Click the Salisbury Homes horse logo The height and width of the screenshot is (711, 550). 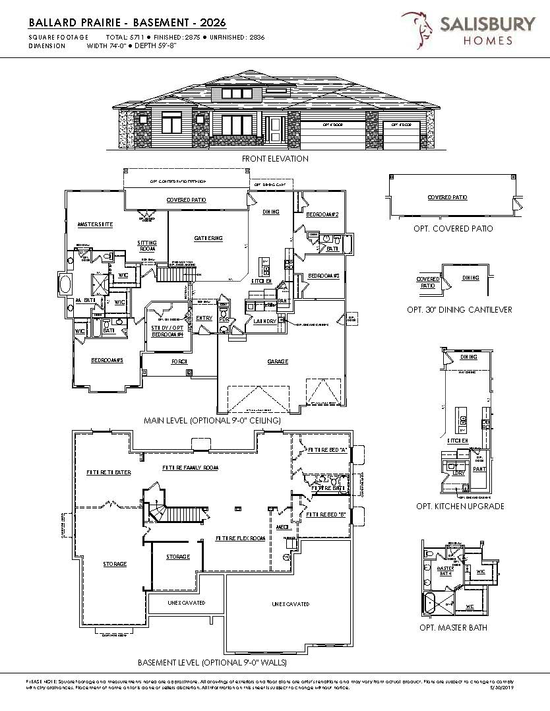tap(418, 30)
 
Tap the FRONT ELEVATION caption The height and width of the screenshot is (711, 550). tap(275, 159)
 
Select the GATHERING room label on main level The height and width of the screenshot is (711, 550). tap(208, 238)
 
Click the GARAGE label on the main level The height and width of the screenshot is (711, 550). tap(277, 361)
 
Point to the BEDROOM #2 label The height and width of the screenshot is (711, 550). tap(322, 215)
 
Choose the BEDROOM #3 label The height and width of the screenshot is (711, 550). tap(323, 275)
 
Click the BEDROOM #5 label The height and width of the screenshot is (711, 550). tap(107, 360)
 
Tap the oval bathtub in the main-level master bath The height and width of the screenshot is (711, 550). tap(66, 284)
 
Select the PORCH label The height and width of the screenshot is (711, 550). tap(180, 361)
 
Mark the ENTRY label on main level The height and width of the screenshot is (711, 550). tap(204, 318)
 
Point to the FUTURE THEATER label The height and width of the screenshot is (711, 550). tap(109, 472)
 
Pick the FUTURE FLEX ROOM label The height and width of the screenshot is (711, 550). tap(240, 538)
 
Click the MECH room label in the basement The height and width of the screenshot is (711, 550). tap(283, 528)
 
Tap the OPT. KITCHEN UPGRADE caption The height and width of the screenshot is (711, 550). tap(460, 506)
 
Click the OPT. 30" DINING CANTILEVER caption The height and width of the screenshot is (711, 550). tap(459, 309)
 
